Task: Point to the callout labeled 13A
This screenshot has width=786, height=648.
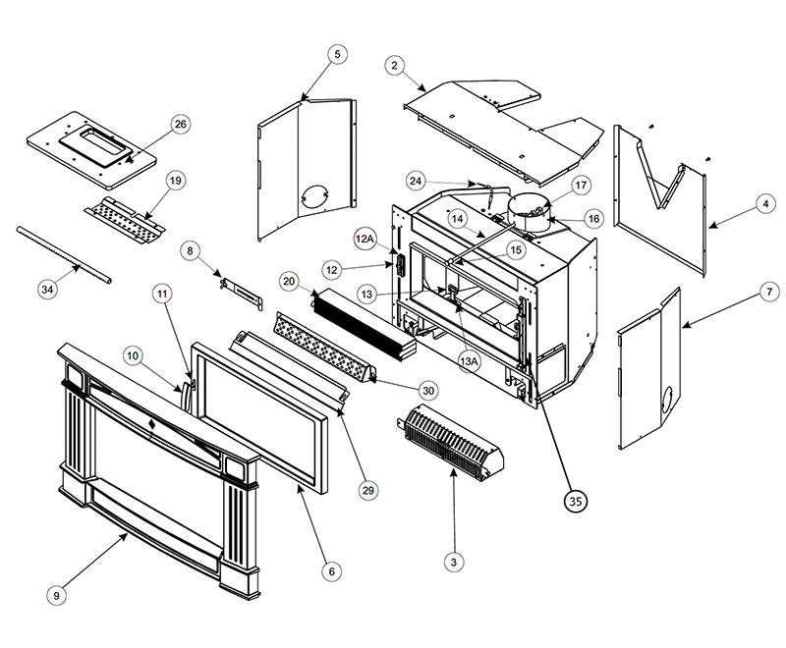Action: (469, 361)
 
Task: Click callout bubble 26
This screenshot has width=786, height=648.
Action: (180, 125)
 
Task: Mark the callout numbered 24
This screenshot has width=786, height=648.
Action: (417, 181)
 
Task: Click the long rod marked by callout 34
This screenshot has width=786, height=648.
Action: (64, 254)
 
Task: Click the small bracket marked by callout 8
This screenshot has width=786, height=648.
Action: (241, 292)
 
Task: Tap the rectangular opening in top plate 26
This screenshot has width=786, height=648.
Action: (93, 134)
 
